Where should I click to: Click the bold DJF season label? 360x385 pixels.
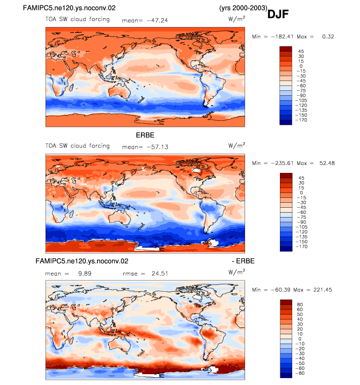pyautogui.click(x=278, y=14)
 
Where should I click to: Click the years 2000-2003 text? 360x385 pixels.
pyautogui.click(x=243, y=8)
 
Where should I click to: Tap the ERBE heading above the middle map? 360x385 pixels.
pyautogui.click(x=145, y=135)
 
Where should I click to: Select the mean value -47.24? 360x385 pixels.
pyautogui.click(x=157, y=21)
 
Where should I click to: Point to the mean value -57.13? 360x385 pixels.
pyautogui.click(x=157, y=147)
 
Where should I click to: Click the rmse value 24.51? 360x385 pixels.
pyautogui.click(x=160, y=273)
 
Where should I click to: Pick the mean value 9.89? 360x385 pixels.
pyautogui.click(x=84, y=273)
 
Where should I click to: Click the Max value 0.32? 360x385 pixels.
pyautogui.click(x=328, y=36)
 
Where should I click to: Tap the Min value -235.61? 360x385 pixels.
pyautogui.click(x=282, y=163)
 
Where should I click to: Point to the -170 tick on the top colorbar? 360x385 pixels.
pyautogui.click(x=301, y=120)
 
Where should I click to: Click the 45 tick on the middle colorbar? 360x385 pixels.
pyautogui.click(x=302, y=178)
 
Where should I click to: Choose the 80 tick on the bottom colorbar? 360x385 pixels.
pyautogui.click(x=300, y=304)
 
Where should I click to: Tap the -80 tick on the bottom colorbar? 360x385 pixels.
pyautogui.click(x=300, y=373)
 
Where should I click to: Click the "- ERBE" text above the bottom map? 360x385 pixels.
pyautogui.click(x=243, y=261)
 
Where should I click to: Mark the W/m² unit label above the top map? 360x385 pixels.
pyautogui.click(x=237, y=19)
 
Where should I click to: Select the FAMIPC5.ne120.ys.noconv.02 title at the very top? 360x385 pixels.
pyautogui.click(x=69, y=8)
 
